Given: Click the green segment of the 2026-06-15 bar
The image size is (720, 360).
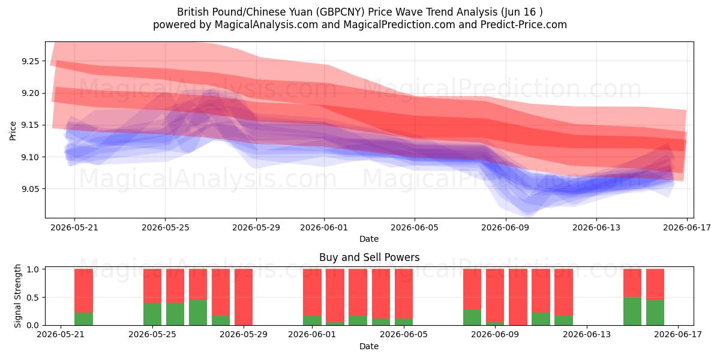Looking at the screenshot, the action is coord(632,311).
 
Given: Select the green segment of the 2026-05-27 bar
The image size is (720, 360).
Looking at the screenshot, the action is coord(198,313).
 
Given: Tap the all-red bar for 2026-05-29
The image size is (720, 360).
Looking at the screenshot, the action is coord(244,297).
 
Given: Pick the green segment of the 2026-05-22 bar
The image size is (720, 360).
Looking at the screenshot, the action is coord(83,319).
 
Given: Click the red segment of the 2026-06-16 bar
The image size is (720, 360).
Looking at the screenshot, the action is coord(655,284).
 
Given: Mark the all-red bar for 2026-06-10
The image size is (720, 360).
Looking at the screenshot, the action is coord(518,297).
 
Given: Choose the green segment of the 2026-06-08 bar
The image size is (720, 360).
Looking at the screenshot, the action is coord(472,317).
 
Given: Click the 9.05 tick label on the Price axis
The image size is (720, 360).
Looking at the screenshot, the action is coord(30,189).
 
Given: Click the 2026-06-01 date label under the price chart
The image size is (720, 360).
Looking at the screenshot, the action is coord(324,227).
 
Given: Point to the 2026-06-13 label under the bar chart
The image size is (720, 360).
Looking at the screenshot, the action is coord(587,335).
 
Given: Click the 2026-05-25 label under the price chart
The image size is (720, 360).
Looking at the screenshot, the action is coord(166,227).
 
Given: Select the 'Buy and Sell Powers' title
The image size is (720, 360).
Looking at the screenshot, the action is coord(370,257).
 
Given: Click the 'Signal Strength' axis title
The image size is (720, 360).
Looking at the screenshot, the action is coord(17,296).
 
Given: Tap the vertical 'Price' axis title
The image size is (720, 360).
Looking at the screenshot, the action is coord(13,131).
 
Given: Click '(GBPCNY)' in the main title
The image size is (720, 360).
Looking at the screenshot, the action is coord(340,12).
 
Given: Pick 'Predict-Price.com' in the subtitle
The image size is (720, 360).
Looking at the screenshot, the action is coord(524,25).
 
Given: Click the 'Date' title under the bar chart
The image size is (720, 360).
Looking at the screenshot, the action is coord(369,347).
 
